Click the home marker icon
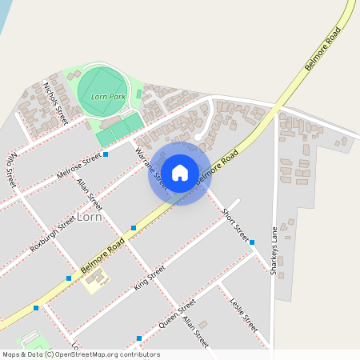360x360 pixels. (x=180, y=173)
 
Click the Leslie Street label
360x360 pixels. (x=243, y=313)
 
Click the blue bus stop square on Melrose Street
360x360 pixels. (x=105, y=154)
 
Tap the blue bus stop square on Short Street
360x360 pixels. (x=251, y=242)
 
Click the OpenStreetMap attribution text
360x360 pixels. (x=81, y=354)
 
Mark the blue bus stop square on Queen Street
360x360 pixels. (x=139, y=338)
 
